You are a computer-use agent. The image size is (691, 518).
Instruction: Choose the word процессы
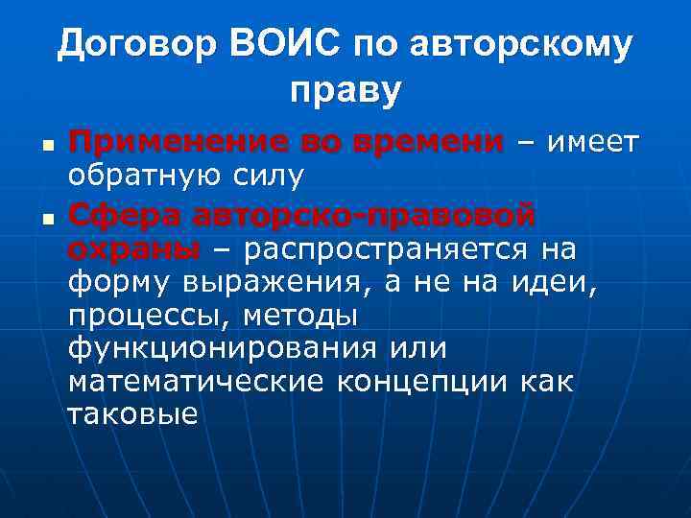(149, 317)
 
